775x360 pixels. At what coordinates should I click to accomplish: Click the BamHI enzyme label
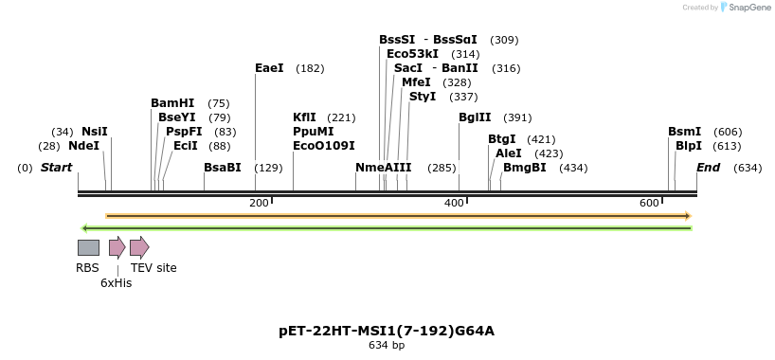coord(172,103)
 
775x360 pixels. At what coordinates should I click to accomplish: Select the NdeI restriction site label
coord(83,146)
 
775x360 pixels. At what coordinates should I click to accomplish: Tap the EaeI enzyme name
coord(269,68)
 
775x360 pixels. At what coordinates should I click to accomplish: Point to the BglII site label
coord(475,117)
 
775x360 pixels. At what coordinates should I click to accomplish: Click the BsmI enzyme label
coord(684,132)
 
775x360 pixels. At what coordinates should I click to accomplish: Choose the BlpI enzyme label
coord(688,146)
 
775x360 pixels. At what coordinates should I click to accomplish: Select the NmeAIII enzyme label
coord(383,168)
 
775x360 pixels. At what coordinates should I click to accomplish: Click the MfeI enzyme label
coord(416,82)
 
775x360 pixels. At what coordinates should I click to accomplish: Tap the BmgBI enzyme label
coord(524,168)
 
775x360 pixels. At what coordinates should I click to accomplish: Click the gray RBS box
coord(88,247)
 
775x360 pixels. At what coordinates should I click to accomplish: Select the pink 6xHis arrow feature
coord(117,247)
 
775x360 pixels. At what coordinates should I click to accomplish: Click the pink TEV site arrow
coord(139,247)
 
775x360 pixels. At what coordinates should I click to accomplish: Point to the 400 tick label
coord(454,204)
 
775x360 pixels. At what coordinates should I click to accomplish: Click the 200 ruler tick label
coord(259,204)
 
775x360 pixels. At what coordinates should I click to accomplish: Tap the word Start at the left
coord(56,168)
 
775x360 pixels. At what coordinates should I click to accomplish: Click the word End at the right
coord(708,168)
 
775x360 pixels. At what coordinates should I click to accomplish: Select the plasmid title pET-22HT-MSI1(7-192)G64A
coord(387,331)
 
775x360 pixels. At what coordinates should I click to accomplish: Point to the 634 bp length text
coord(387,346)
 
